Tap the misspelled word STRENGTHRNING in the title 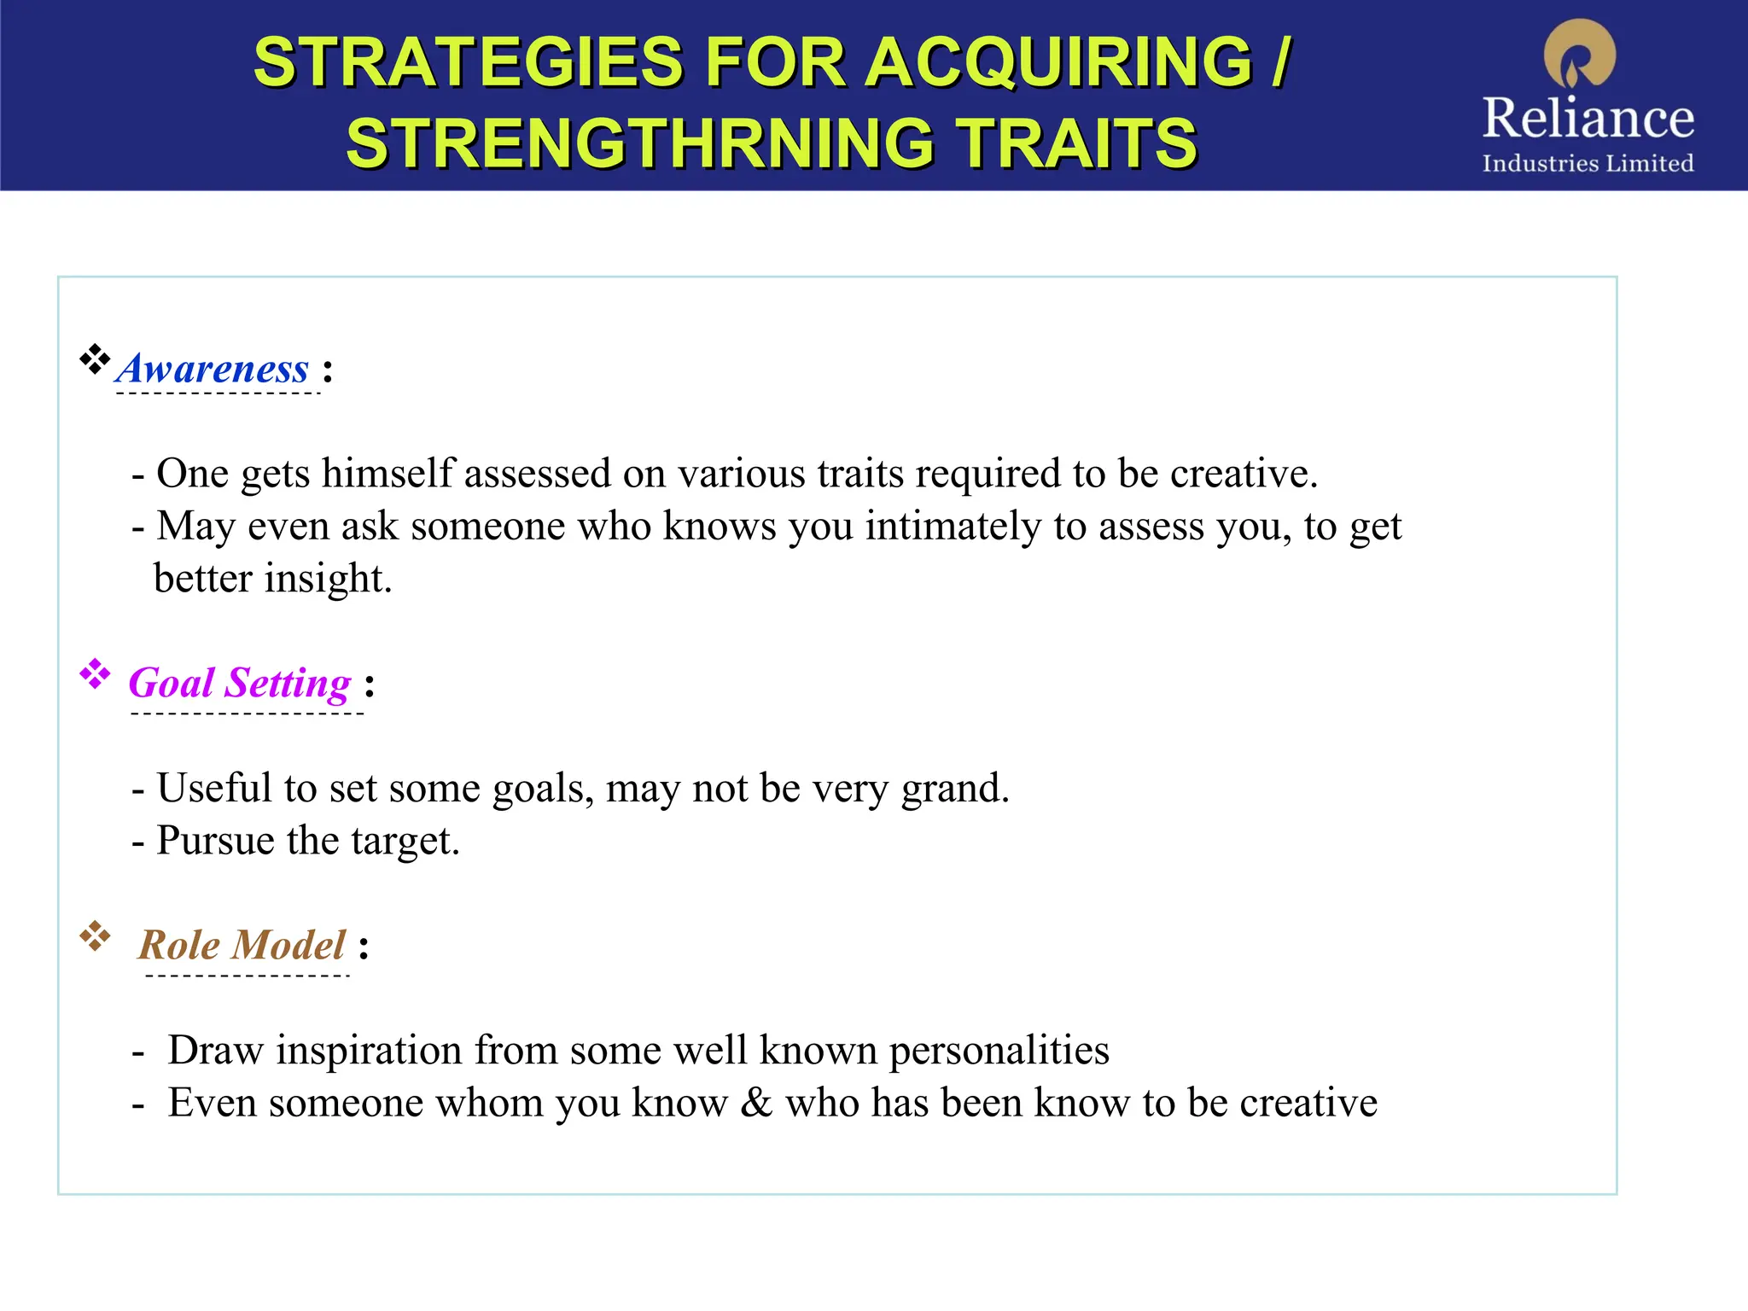click(x=640, y=143)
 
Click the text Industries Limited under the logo click(x=1588, y=163)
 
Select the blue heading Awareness click(x=213, y=369)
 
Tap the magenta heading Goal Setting click(x=240, y=683)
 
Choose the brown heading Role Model click(x=242, y=945)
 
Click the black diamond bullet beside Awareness click(x=95, y=359)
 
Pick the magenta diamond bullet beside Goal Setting click(x=95, y=674)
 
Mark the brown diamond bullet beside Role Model click(x=95, y=936)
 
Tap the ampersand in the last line click(x=756, y=1103)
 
